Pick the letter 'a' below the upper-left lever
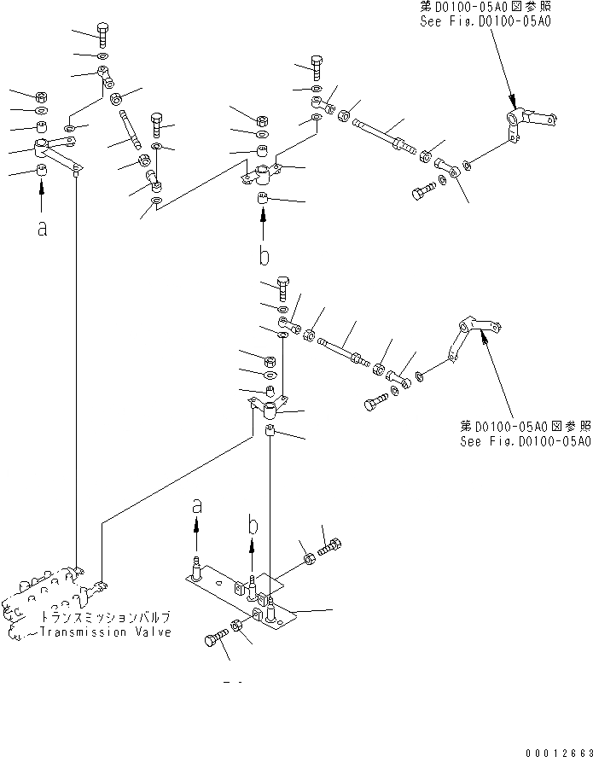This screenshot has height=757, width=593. tap(42, 228)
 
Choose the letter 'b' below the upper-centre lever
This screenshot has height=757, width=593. tap(265, 255)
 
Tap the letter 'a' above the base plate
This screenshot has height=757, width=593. tap(197, 506)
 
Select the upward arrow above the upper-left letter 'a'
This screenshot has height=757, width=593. tap(42, 199)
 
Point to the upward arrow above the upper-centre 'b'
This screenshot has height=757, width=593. tap(264, 225)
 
